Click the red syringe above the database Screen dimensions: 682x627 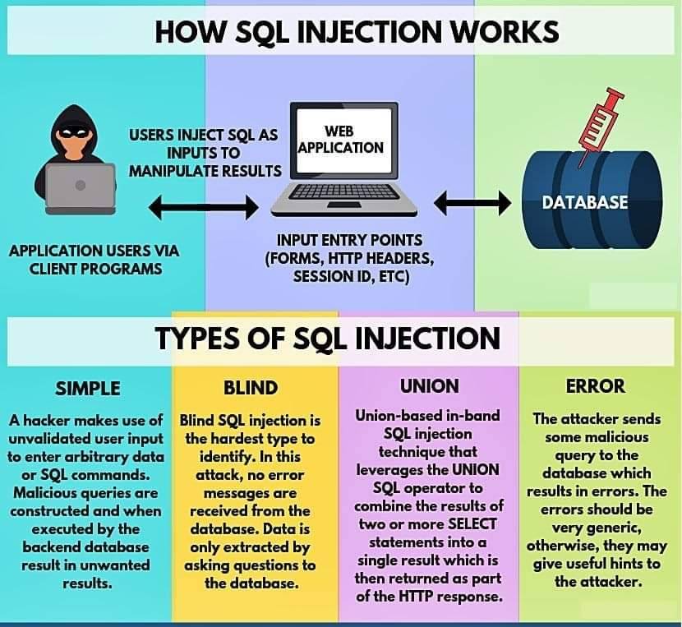point(601,126)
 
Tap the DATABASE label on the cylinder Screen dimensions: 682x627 point(584,202)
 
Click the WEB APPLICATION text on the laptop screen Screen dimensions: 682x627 point(341,139)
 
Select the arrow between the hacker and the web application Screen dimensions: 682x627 point(204,207)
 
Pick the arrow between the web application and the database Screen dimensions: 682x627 point(472,203)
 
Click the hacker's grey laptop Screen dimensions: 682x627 point(81,189)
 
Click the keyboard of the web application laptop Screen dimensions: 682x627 point(343,192)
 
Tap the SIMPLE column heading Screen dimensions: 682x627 point(88,389)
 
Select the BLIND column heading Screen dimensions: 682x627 point(251,388)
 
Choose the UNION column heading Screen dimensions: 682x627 point(430,386)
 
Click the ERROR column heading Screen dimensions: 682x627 point(596,386)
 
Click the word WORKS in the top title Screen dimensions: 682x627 point(505,32)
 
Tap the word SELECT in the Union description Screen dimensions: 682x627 point(472,524)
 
